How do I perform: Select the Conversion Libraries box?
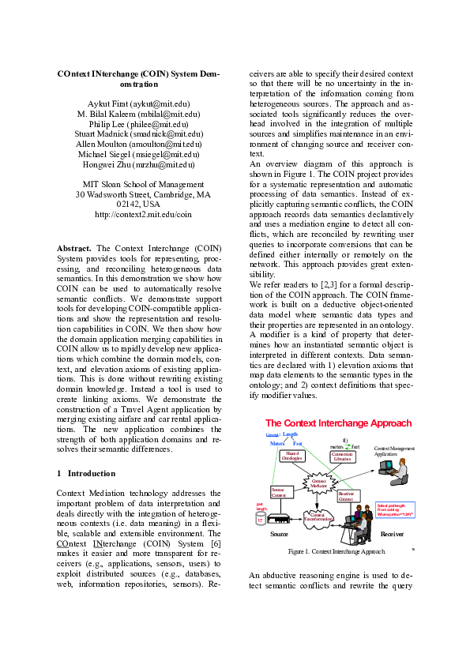click(342, 456)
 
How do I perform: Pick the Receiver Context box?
click(346, 497)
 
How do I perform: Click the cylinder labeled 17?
click(259, 520)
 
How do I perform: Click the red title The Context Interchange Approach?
click(338, 423)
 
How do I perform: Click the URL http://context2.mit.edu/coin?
click(143, 214)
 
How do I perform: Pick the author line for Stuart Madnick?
click(143, 134)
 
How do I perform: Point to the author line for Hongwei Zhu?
click(143, 164)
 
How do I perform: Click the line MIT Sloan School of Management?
click(143, 184)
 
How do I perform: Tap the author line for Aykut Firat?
click(143, 103)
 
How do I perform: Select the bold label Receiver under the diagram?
click(392, 534)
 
